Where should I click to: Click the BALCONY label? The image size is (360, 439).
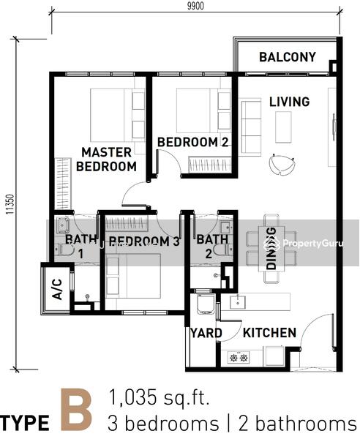[288, 57]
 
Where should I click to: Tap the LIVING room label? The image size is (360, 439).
[290, 102]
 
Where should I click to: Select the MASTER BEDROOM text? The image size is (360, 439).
[106, 160]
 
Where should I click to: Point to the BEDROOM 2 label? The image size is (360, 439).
[193, 142]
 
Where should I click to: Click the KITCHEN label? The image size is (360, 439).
[269, 333]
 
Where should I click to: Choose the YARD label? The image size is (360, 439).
[206, 333]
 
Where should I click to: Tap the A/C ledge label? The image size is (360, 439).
[57, 289]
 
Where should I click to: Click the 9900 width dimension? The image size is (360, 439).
[195, 6]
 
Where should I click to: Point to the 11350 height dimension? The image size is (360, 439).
[10, 204]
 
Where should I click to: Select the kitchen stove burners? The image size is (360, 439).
[239, 357]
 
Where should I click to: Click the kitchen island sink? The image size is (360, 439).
[238, 302]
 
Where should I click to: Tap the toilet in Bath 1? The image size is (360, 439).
[64, 249]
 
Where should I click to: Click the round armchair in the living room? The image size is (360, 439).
[282, 164]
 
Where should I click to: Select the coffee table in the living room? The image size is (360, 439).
[283, 127]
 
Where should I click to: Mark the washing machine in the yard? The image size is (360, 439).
[206, 304]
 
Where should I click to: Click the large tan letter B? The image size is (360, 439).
[76, 410]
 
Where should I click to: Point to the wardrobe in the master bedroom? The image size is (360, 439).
[63, 184]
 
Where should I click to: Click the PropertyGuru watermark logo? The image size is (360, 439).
[303, 244]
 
